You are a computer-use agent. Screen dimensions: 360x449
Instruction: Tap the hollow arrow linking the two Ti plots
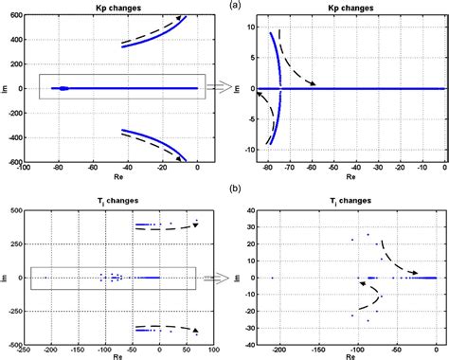tap(215, 279)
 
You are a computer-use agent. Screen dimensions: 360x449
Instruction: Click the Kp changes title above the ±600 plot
tap(119, 7)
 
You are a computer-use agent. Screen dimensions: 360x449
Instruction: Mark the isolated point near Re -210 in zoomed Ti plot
tap(273, 278)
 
